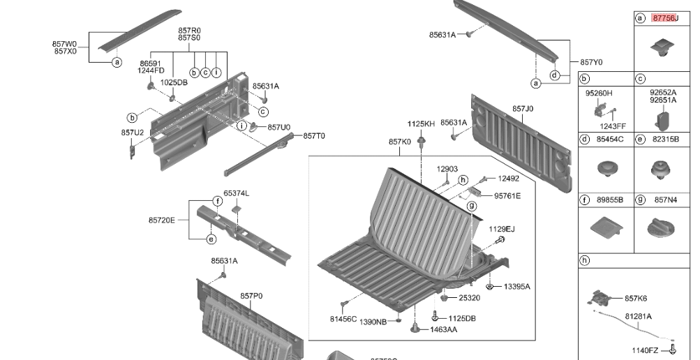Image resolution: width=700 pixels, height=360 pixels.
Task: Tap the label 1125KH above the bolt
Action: pos(421,123)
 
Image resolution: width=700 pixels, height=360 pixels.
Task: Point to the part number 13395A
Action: pos(516,287)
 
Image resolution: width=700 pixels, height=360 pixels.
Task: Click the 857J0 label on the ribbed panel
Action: pos(523,109)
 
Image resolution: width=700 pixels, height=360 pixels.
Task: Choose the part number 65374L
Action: pos(236,193)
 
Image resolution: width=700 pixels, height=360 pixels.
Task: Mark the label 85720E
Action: pos(161,220)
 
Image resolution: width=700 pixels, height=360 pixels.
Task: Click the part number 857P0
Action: pos(251,296)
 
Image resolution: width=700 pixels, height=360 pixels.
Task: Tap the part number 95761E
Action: pos(507,196)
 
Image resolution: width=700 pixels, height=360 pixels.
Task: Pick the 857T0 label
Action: pos(314,136)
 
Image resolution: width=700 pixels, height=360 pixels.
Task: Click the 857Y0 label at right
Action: pos(591,62)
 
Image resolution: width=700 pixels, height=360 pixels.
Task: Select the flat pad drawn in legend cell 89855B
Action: pos(604,227)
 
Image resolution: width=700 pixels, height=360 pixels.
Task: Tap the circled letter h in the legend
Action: pos(585,260)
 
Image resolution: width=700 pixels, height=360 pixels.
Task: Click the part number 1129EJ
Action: pos(501,229)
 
